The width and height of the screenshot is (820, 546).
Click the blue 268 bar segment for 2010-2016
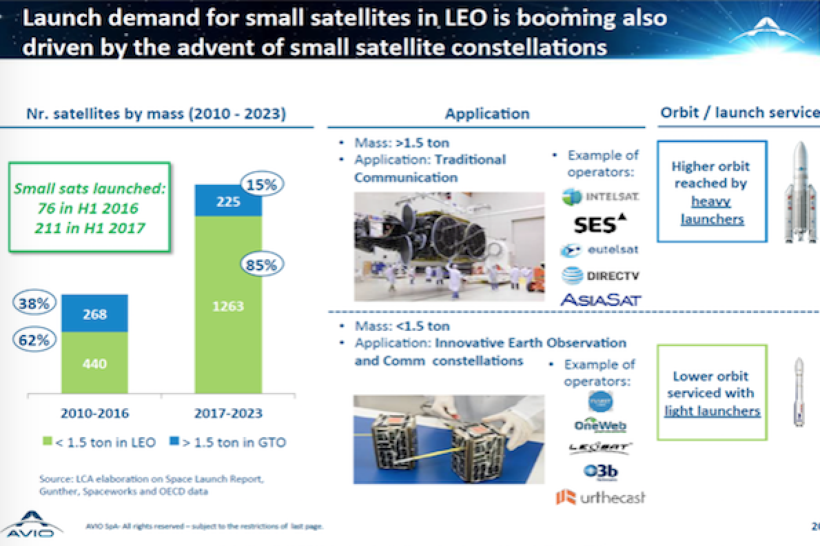click(94, 314)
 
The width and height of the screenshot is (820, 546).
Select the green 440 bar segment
click(94, 363)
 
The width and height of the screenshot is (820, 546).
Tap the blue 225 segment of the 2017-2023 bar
click(228, 201)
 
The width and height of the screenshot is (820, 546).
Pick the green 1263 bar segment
click(228, 305)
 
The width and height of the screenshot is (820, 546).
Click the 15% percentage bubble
click(260, 184)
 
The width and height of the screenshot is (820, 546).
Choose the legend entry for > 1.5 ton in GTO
click(227, 442)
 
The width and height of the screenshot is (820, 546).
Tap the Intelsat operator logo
click(600, 196)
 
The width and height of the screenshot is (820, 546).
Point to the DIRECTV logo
click(600, 276)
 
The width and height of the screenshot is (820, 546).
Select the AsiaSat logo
click(600, 300)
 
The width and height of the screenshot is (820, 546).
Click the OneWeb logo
click(600, 425)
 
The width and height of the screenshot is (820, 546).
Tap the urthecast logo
click(600, 497)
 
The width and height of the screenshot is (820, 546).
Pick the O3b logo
click(600, 472)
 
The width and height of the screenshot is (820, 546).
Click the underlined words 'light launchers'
click(712, 412)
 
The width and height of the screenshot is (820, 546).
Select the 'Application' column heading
click(486, 114)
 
